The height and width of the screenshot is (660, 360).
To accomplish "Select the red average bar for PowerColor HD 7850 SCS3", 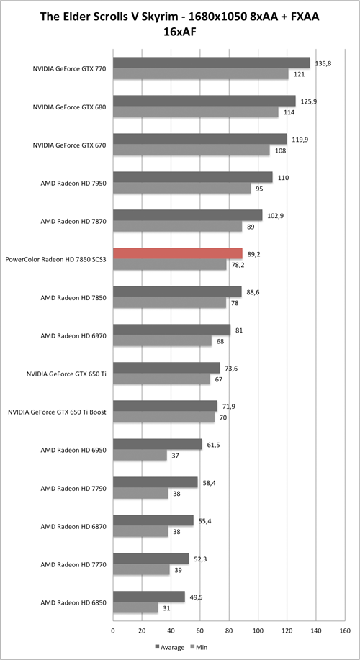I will (178, 253).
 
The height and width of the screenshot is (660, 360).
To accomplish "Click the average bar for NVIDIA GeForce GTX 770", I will (211, 63).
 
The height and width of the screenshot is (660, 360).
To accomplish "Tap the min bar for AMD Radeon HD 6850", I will (135, 608).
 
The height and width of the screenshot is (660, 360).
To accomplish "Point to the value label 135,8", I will (321, 63).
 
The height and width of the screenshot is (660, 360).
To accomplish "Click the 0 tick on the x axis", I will (113, 630).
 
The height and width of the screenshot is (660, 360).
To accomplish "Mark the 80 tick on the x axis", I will (229, 630).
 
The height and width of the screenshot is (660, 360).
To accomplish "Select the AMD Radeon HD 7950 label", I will (73, 183).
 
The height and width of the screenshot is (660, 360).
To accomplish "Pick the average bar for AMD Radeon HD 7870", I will (187, 215).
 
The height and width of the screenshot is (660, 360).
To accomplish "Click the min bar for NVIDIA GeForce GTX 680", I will (195, 112).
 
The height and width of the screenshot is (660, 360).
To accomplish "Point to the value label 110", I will (283, 177).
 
